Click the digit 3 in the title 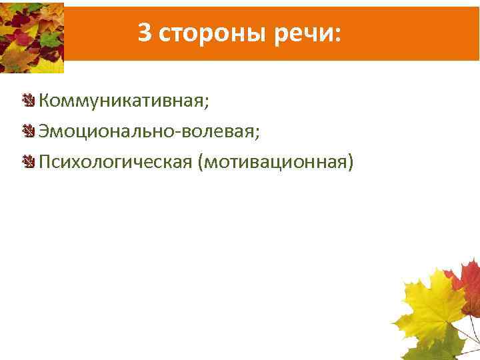click(145, 32)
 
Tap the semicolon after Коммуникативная click(206, 104)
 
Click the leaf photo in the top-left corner click(31, 37)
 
